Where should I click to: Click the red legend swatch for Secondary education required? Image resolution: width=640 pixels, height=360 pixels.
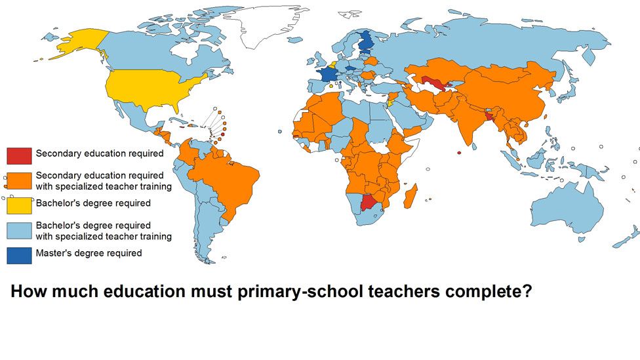tap(18, 155)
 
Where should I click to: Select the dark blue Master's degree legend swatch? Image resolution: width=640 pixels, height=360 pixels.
tap(18, 255)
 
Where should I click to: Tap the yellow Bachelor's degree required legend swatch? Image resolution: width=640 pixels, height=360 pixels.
tap(18, 205)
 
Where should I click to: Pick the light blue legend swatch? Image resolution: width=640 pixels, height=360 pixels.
tap(18, 230)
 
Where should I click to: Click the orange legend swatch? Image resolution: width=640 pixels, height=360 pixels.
tap(18, 181)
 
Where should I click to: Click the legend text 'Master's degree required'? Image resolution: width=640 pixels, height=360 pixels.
tap(89, 253)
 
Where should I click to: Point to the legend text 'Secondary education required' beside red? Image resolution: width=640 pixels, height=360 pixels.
tap(99, 153)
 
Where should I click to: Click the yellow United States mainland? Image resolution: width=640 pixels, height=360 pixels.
tap(148, 89)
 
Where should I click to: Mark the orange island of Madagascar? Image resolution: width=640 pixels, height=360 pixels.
tap(410, 196)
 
